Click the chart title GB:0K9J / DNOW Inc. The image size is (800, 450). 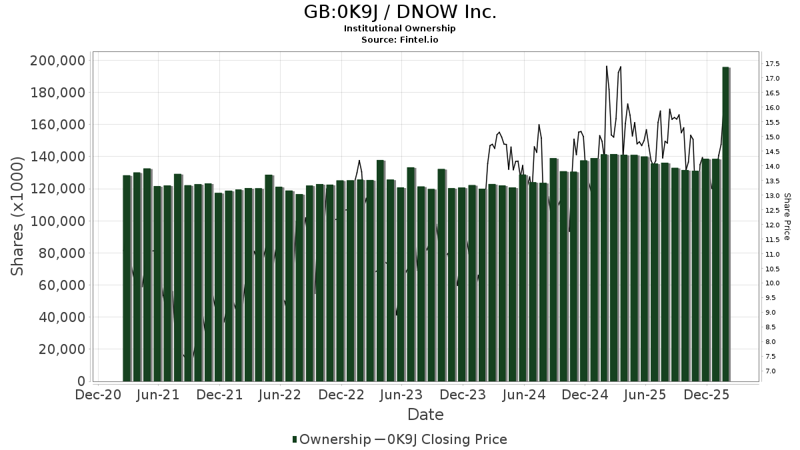[x=399, y=12]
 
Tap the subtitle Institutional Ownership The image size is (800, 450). [x=399, y=29]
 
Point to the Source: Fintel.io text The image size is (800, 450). [x=399, y=39]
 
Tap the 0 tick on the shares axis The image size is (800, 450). [x=80, y=381]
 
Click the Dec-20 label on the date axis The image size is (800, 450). [x=98, y=395]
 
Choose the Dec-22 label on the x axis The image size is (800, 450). [x=341, y=395]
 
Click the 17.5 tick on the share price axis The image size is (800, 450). [x=773, y=64]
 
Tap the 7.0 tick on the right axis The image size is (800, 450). [x=771, y=371]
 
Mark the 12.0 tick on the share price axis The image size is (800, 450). [x=773, y=225]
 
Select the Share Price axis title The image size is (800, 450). [x=787, y=217]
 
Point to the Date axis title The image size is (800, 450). [x=425, y=415]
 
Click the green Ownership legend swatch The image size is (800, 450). [x=295, y=439]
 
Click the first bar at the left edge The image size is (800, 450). [x=127, y=278]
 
